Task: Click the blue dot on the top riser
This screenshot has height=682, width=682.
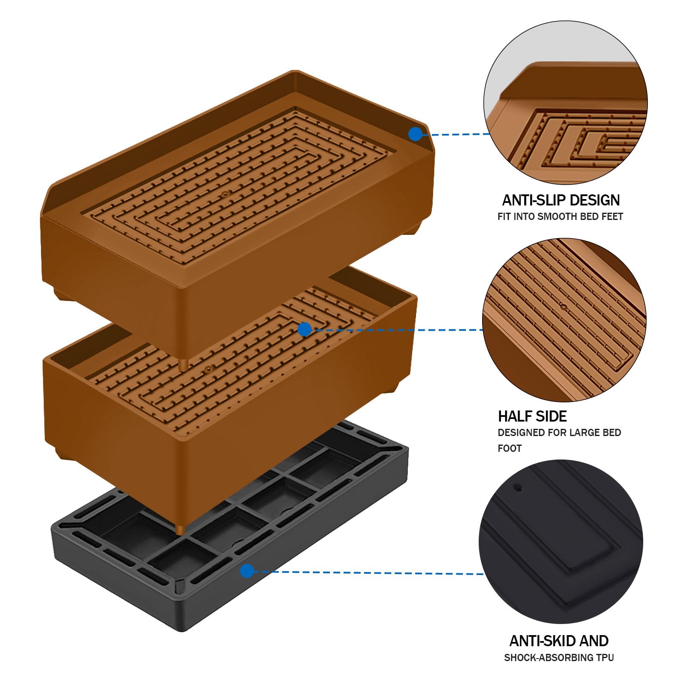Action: [x=415, y=134]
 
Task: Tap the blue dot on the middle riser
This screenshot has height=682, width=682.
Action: [x=304, y=329]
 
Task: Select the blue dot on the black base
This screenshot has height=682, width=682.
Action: [x=247, y=571]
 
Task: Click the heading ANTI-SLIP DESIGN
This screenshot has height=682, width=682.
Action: [x=561, y=200]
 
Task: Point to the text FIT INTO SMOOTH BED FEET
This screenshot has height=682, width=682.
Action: [x=560, y=217]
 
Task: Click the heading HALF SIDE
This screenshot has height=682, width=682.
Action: [x=532, y=416]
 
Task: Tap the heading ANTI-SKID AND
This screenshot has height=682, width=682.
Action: [x=559, y=641]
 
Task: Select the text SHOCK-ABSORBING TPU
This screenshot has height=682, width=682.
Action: [x=559, y=658]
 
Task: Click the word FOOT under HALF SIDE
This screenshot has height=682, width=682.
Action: [x=510, y=448]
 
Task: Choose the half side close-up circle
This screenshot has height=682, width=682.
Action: [x=564, y=320]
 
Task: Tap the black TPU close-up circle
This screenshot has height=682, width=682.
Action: [x=561, y=542]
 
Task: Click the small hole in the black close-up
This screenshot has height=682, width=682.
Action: [x=518, y=487]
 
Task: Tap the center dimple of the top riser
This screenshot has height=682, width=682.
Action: [x=225, y=194]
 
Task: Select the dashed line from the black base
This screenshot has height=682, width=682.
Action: [x=369, y=572]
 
